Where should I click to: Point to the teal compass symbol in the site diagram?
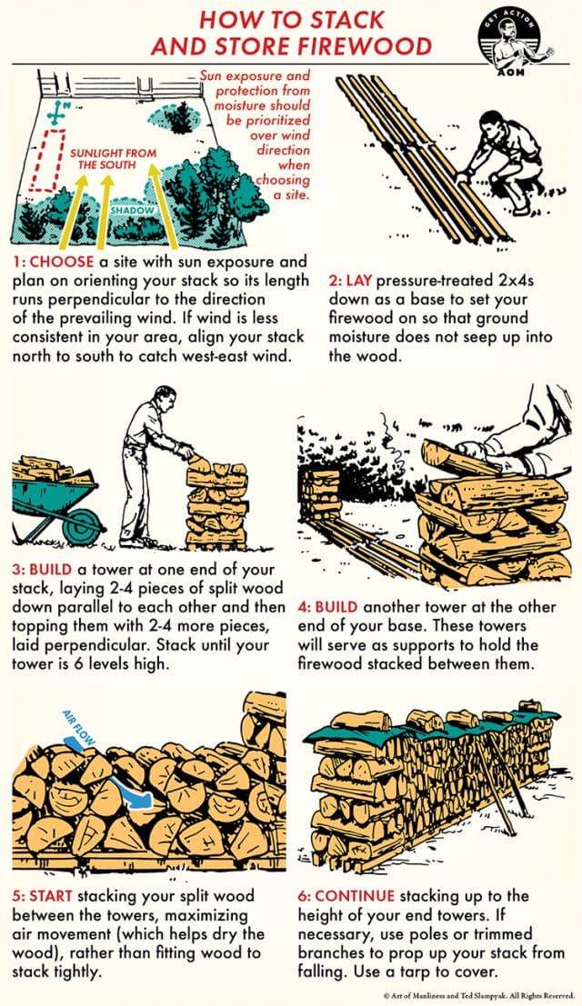click(61, 114)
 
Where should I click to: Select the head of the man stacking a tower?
click(161, 398)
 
